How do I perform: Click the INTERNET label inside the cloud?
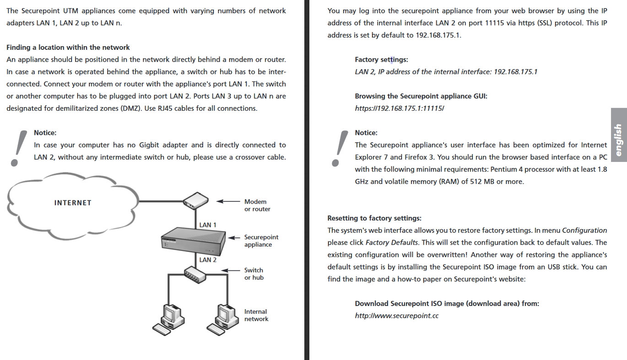pos(73,203)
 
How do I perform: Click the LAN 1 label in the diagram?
pos(208,225)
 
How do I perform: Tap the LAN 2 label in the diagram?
pos(208,259)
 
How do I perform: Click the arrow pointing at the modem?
pos(227,201)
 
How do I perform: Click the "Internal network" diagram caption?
pos(256,315)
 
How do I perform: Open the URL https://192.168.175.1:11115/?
pos(400,108)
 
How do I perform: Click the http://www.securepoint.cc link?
pos(396,316)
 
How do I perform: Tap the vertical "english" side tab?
pos(618,134)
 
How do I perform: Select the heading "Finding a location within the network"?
pos(68,47)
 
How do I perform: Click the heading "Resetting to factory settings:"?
pos(374,218)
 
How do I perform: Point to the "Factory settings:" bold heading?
pos(381,59)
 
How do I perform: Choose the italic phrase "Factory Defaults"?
pos(391,242)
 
